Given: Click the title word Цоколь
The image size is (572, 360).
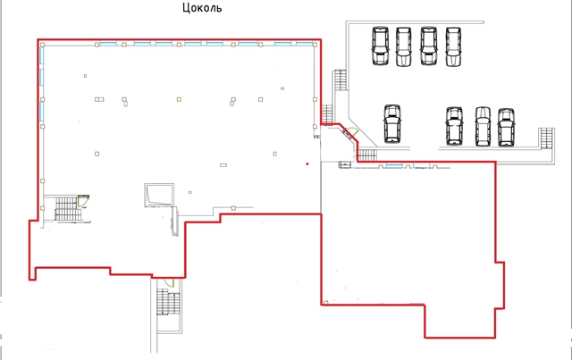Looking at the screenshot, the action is (x=202, y=8).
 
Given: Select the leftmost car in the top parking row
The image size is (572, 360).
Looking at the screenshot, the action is (x=380, y=46).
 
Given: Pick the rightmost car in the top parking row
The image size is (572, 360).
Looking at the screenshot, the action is (x=453, y=46).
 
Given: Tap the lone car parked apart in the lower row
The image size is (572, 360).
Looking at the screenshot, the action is (x=392, y=123).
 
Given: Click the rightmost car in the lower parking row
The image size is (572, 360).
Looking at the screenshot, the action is (x=507, y=127).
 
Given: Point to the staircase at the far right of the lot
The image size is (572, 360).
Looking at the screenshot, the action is (x=547, y=138).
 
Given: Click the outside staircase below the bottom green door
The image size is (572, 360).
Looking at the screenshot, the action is (x=169, y=302).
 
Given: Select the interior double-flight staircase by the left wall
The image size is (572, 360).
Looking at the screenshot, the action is (x=68, y=209).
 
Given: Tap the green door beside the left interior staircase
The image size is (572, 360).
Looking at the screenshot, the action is (x=83, y=201).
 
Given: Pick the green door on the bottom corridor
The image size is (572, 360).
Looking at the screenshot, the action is (x=169, y=282).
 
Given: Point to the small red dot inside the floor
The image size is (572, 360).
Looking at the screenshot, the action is (x=307, y=164).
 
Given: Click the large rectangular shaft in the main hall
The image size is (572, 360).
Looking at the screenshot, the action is (x=159, y=195).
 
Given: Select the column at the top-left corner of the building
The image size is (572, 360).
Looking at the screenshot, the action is (x=43, y=45).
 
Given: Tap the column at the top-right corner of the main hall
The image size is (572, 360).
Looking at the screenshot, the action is (x=315, y=45).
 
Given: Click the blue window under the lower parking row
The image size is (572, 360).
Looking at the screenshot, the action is (x=394, y=166).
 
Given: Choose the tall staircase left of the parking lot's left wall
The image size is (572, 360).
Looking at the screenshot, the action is (x=341, y=80).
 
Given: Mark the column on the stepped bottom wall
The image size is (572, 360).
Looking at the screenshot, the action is (x=233, y=208).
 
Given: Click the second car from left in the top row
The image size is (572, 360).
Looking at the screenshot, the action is (x=403, y=46).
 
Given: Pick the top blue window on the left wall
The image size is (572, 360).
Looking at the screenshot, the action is (x=42, y=54).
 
